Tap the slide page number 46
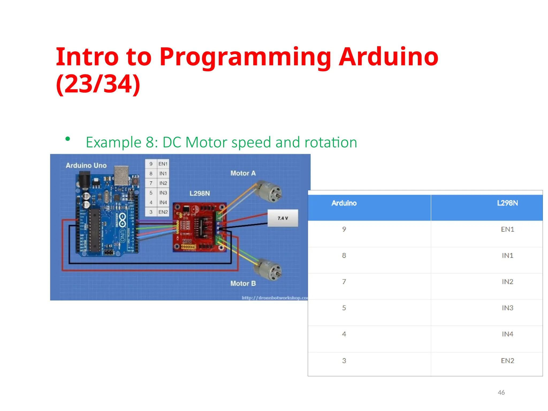(501, 392)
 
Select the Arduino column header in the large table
(344, 203)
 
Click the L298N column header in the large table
(507, 203)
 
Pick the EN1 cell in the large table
(507, 229)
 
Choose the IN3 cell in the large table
(507, 308)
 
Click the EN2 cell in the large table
(507, 361)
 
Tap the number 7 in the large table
(344, 282)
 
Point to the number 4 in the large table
(344, 334)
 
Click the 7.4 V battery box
(283, 218)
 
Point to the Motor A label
(243, 173)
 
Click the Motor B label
(243, 283)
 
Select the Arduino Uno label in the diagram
(86, 166)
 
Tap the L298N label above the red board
(200, 193)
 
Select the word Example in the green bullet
(113, 142)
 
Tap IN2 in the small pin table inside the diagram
(163, 183)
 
